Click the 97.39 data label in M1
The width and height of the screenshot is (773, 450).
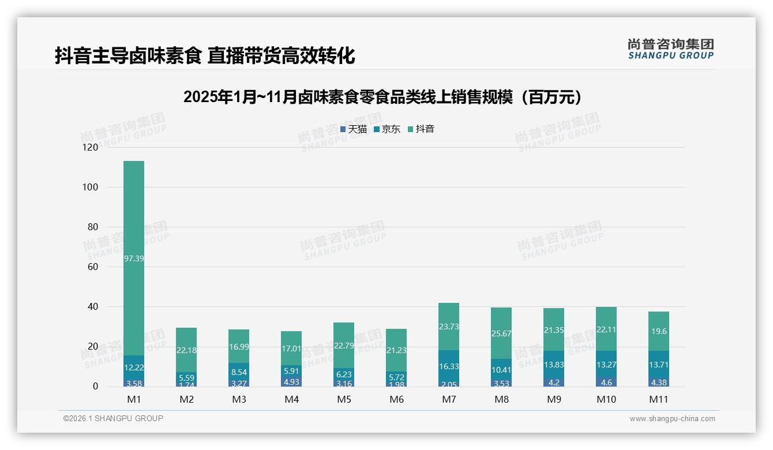click(x=134, y=258)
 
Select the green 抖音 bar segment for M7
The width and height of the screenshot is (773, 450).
click(x=449, y=327)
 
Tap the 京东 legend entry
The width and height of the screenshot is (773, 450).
click(x=387, y=129)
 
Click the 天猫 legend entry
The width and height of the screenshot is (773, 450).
click(x=354, y=129)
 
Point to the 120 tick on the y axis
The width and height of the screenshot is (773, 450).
click(x=91, y=148)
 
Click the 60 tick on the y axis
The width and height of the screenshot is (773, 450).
click(x=92, y=267)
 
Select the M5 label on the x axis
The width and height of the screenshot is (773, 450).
click(x=344, y=399)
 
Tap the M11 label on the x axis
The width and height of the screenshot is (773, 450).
click(x=658, y=399)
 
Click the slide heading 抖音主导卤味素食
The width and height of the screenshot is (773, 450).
click(x=205, y=55)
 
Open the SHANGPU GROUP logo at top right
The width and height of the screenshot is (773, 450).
click(x=670, y=49)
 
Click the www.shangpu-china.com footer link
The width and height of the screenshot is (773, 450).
click(x=672, y=419)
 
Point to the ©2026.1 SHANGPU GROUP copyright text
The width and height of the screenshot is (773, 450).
click(x=113, y=418)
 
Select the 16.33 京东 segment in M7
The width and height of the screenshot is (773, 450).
click(x=449, y=366)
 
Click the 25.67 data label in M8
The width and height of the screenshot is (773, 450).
click(x=501, y=333)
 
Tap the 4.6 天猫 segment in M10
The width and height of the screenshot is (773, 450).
click(x=606, y=382)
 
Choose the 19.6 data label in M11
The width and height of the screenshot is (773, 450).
click(x=658, y=331)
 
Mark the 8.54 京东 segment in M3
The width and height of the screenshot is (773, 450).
click(x=239, y=373)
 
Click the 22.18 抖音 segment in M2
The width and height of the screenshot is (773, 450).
click(x=186, y=350)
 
